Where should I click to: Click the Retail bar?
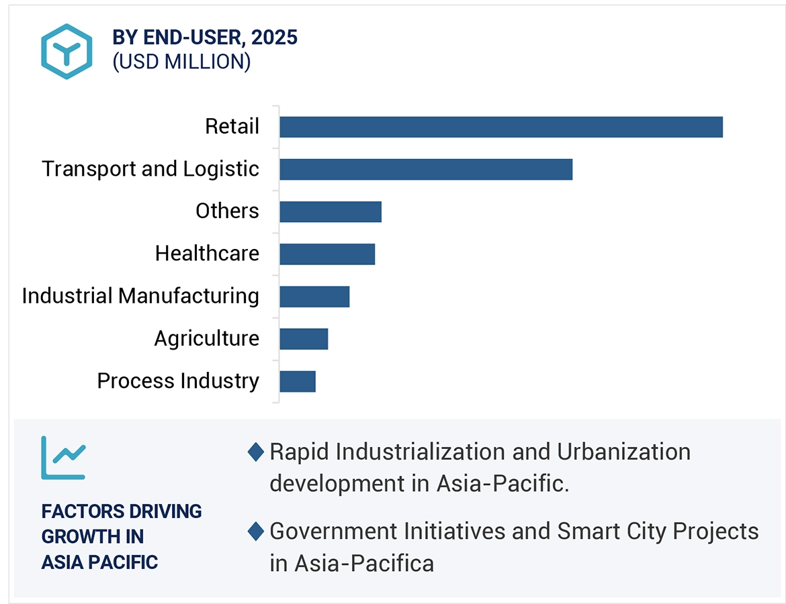500,127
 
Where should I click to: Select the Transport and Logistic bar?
426,169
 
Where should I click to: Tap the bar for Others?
330,211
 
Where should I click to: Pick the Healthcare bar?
326,254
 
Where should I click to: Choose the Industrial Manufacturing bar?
314,296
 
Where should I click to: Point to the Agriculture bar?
304,339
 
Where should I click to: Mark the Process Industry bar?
297,381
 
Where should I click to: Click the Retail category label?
232,126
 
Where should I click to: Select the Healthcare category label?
207,253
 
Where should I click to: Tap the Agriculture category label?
206,338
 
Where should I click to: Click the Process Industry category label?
178,381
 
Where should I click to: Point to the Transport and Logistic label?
150,168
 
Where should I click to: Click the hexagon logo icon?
66,51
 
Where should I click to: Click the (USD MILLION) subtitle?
181,62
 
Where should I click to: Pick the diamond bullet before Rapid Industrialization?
255,452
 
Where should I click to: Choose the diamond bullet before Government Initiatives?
255,532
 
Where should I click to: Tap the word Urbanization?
623,452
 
